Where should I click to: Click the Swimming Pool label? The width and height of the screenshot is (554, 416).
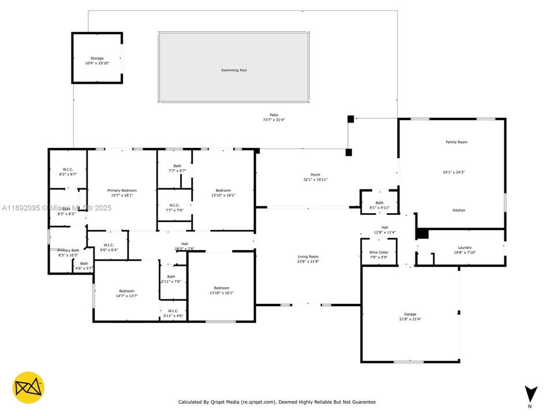pos(234,70)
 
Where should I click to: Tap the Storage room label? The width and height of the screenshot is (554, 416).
pos(96,58)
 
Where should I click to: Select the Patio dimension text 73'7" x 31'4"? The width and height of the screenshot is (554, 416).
pos(274,120)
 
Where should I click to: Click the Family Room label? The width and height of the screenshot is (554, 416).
pos(456,142)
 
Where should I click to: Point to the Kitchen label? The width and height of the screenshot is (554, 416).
pos(458,210)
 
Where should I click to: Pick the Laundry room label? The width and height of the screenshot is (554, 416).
pos(465,247)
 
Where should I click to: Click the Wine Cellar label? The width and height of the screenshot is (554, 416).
pos(379,252)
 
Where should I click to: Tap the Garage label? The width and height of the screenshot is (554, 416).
pos(410,314)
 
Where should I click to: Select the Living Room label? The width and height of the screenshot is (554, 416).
pos(308,257)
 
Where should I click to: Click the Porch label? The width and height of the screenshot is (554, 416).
pos(315,175)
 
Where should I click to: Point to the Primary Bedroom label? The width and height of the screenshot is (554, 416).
pos(122,190)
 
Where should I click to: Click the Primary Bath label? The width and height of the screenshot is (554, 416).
pos(68,250)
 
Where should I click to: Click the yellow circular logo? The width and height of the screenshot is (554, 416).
pos(28,387)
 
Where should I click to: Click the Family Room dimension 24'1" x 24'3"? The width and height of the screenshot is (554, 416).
pos(456,172)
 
